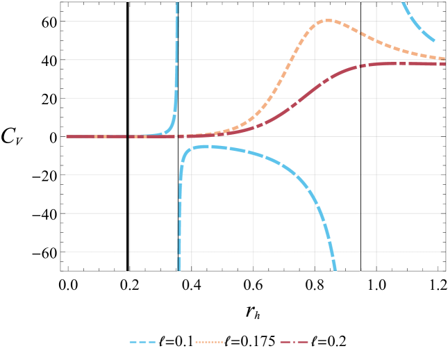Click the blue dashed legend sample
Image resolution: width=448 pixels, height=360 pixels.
(x=142, y=343)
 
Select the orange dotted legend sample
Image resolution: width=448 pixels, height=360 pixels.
(x=209, y=343)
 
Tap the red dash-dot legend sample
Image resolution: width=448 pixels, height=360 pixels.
(x=294, y=343)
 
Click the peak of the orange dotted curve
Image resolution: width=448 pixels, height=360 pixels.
(x=328, y=20)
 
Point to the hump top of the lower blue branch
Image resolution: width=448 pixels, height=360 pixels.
(x=201, y=146)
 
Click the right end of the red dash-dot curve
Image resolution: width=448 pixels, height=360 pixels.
(x=445, y=64)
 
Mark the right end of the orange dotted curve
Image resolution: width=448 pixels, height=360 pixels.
(x=445, y=58)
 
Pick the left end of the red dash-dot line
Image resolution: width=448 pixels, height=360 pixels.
(x=67, y=136)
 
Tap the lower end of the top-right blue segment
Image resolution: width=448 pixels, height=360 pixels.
(x=435, y=41)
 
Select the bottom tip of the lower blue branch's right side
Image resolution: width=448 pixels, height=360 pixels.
(x=335, y=270)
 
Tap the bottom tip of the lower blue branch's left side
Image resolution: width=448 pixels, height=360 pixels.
(x=179, y=270)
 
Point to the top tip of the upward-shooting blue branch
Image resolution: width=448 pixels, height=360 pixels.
(x=179, y=2)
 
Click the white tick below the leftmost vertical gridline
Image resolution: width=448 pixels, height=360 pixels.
(x=128, y=272)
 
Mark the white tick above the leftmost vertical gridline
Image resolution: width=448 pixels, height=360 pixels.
(x=128, y=1)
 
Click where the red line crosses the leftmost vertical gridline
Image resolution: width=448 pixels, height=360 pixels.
(x=129, y=136)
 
